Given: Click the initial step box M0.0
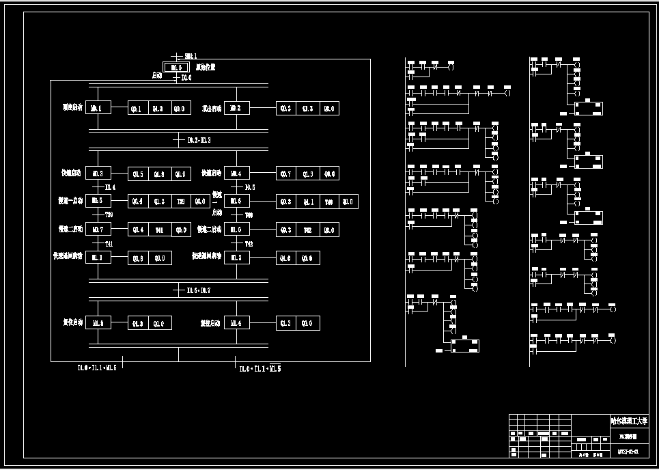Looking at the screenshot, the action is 176,67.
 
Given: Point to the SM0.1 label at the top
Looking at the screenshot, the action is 191,55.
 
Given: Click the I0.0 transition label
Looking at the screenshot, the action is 186,78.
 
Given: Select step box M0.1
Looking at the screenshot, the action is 98,108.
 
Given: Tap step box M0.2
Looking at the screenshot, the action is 236,108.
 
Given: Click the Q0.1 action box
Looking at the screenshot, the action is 137,108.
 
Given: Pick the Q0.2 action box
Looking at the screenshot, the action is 285,108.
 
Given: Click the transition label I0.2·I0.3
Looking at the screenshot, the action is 199,140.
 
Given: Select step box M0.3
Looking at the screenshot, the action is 98,174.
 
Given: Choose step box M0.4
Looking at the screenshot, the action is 236,174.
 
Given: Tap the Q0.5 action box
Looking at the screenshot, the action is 137,174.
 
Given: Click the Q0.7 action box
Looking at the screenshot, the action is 285,174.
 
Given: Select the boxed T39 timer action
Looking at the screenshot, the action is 180,201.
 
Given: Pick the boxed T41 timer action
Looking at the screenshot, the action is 158,230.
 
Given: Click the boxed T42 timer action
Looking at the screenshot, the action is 307,230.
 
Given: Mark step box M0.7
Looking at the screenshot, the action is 98,230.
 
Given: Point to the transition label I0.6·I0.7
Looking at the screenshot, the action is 199,290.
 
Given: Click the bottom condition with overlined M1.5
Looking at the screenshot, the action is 260,368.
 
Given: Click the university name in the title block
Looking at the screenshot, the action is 628,421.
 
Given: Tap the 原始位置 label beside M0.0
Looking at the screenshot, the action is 205,67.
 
